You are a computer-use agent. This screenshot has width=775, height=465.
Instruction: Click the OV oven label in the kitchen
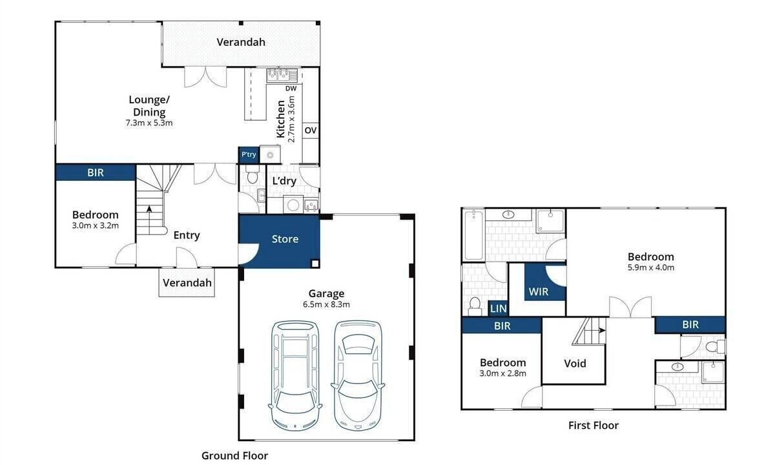[311, 130]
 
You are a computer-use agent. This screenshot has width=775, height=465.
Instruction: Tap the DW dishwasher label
[291, 88]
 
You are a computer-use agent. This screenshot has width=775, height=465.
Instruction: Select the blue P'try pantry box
[249, 154]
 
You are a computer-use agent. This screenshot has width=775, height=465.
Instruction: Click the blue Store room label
[285, 239]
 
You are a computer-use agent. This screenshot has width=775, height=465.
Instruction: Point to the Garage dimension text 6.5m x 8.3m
[326, 304]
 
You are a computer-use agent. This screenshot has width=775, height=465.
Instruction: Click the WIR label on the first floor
[539, 292]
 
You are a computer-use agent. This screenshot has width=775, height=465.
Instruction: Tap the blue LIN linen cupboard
[498, 308]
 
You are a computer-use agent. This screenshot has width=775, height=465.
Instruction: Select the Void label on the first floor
[575, 363]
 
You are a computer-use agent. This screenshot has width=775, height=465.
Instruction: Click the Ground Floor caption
[234, 456]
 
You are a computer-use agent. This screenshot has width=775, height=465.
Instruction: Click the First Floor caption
[594, 425]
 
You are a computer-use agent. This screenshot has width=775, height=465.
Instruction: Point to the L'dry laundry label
[284, 181]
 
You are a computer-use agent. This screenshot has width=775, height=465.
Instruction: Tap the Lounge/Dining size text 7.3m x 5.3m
[149, 123]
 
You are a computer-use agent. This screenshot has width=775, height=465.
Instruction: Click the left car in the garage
[295, 376]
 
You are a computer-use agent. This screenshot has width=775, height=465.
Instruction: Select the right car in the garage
[358, 376]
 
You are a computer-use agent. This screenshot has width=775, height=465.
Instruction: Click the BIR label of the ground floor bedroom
[96, 172]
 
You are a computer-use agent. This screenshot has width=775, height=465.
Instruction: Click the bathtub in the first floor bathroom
[473, 235]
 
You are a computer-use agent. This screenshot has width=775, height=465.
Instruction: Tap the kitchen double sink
[282, 75]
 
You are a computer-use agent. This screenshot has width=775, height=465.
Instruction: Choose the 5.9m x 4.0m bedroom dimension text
[651, 267]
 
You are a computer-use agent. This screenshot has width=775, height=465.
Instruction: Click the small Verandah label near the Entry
[187, 283]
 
